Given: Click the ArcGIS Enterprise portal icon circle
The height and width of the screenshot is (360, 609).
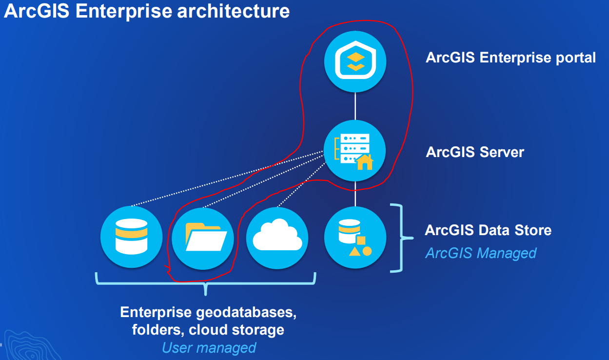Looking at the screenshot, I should [x=355, y=61].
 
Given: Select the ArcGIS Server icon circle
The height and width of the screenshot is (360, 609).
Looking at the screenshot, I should [x=355, y=151].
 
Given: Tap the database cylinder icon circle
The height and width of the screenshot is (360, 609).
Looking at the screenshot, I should [x=131, y=238].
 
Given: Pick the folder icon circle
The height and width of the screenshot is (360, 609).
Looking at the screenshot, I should [x=203, y=238].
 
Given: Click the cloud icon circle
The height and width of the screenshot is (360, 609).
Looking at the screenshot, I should [x=277, y=238].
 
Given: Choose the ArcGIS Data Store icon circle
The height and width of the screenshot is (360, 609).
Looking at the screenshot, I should [x=355, y=238].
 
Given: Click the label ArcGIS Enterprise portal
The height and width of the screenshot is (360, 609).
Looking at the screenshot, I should [x=511, y=58].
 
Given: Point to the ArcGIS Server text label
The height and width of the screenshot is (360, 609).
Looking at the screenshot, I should [x=475, y=152].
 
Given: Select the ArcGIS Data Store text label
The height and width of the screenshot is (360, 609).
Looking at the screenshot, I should [x=488, y=230].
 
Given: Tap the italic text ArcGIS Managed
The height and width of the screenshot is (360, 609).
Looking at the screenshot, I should [x=481, y=253].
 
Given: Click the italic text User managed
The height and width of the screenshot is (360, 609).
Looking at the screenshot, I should [x=209, y=347].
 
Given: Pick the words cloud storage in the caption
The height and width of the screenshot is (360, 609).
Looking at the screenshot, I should [x=236, y=330].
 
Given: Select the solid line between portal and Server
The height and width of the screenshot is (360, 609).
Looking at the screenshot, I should [x=355, y=106].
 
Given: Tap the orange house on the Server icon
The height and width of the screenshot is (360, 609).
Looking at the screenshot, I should [x=365, y=161].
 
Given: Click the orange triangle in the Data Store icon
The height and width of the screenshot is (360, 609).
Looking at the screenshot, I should [x=354, y=251].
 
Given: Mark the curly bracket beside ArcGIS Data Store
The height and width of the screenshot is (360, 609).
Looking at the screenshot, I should [x=401, y=238].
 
